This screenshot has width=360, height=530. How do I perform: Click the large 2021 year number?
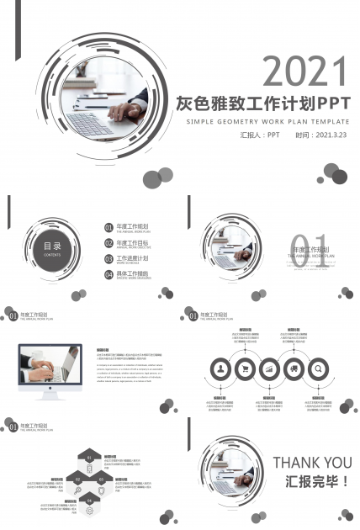305,72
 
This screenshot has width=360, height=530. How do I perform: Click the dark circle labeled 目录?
52,246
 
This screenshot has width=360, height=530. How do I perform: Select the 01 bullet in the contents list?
109,227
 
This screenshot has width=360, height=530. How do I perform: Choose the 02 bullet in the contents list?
109,243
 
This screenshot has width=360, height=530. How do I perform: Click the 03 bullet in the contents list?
109,259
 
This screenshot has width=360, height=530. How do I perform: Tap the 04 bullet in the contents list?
109,275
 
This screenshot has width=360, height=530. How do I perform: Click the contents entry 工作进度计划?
132,257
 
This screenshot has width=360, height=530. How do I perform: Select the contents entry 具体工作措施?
132,273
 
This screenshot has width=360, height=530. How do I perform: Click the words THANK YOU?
312,462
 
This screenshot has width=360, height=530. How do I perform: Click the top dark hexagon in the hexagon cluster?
88,457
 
